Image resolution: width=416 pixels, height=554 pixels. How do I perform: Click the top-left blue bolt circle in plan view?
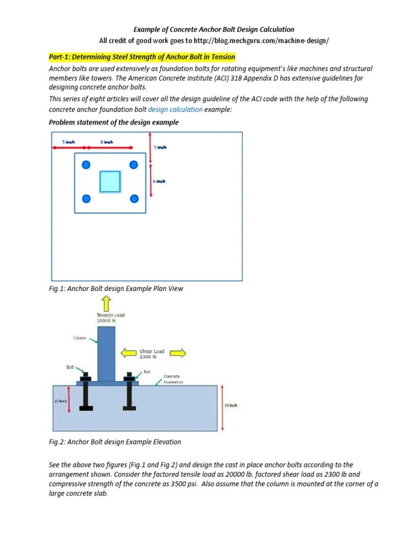click(85, 165)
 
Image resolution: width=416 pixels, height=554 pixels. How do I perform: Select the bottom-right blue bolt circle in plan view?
click(134, 199)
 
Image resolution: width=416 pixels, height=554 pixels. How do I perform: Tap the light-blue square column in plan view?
click(109, 182)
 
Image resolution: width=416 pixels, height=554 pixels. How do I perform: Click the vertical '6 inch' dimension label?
click(159, 181)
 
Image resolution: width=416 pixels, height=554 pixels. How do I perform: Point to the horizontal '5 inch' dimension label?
click(69, 142)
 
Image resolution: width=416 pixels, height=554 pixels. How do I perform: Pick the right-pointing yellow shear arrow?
click(177, 353)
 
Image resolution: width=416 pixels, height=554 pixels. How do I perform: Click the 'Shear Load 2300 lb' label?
click(152, 354)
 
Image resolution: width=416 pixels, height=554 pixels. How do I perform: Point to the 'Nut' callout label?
click(146, 372)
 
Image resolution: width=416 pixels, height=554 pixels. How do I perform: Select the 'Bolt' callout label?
click(70, 367)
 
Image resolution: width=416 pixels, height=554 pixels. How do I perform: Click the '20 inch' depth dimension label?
click(230, 405)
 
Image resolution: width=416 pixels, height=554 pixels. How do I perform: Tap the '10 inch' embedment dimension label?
click(60, 401)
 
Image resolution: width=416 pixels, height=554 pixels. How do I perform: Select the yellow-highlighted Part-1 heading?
click(142, 57)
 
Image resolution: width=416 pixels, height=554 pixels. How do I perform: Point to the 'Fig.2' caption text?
click(115, 441)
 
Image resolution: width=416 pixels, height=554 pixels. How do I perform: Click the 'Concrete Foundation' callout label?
click(174, 378)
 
